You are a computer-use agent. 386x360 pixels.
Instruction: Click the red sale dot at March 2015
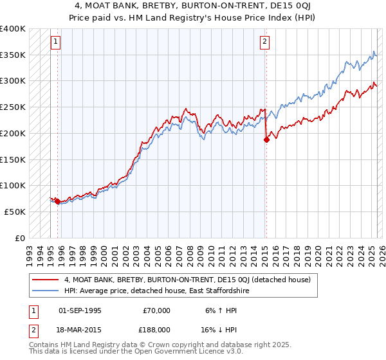click(266, 140)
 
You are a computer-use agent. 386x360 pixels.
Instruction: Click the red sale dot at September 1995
click(58, 202)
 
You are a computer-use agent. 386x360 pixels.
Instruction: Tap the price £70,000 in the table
click(156, 310)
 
